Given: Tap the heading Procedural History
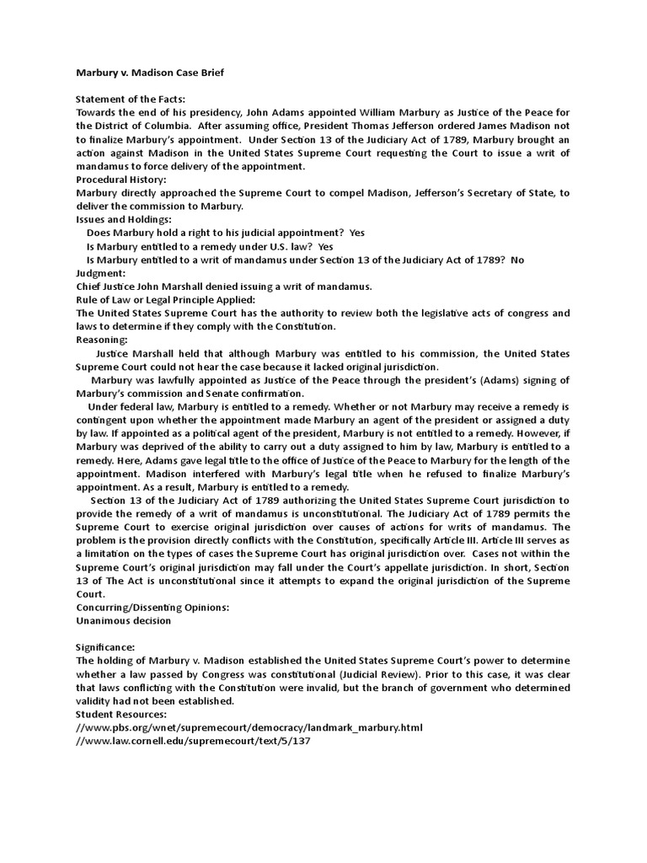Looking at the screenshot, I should point(120,180).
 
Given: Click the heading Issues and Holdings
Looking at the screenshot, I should point(123,219).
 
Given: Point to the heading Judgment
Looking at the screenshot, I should point(100,273).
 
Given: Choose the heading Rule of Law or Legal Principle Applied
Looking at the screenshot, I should point(165,299).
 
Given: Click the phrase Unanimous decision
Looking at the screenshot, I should point(123,620).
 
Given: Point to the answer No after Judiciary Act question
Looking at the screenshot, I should point(516,260).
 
